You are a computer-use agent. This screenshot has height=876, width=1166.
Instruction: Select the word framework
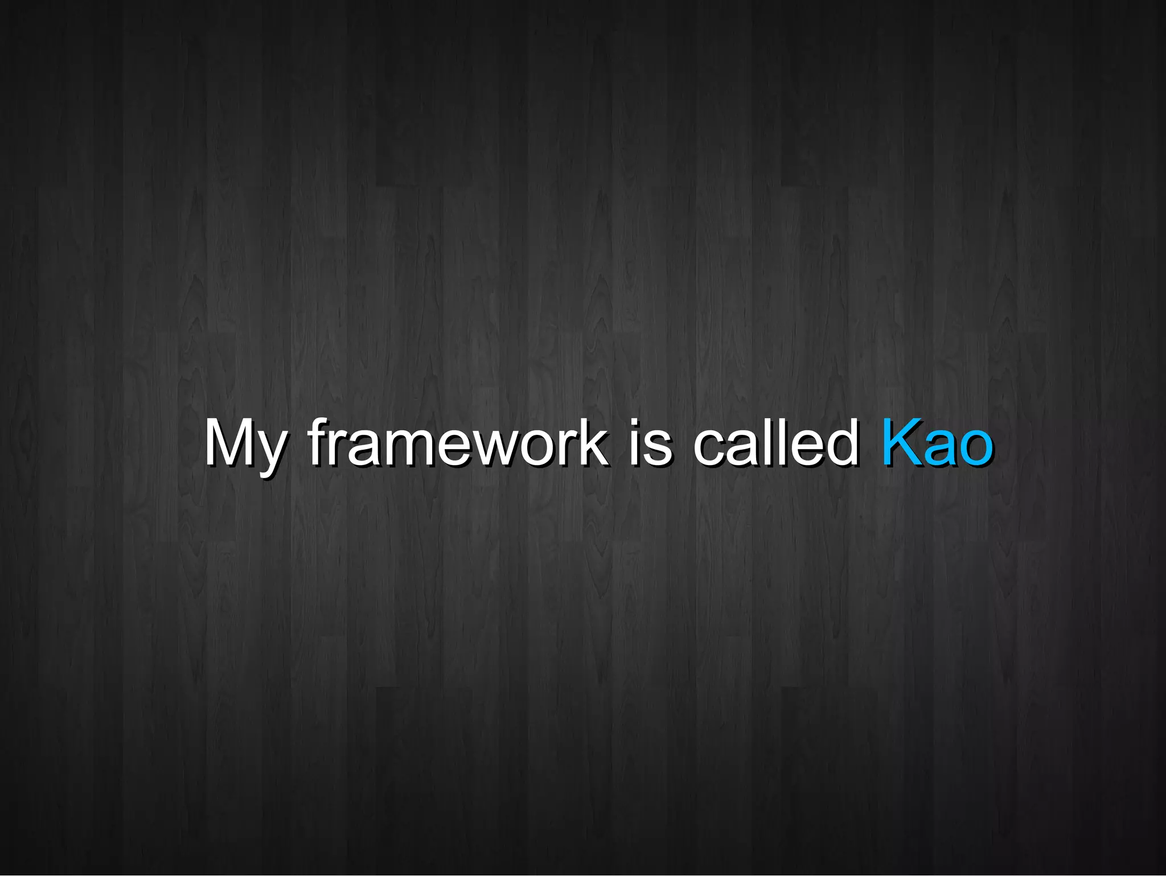(458, 443)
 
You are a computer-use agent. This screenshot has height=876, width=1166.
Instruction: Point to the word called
(776, 443)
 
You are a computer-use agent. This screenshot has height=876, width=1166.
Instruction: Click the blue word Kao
(937, 443)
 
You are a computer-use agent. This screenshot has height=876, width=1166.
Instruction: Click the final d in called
(843, 443)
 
